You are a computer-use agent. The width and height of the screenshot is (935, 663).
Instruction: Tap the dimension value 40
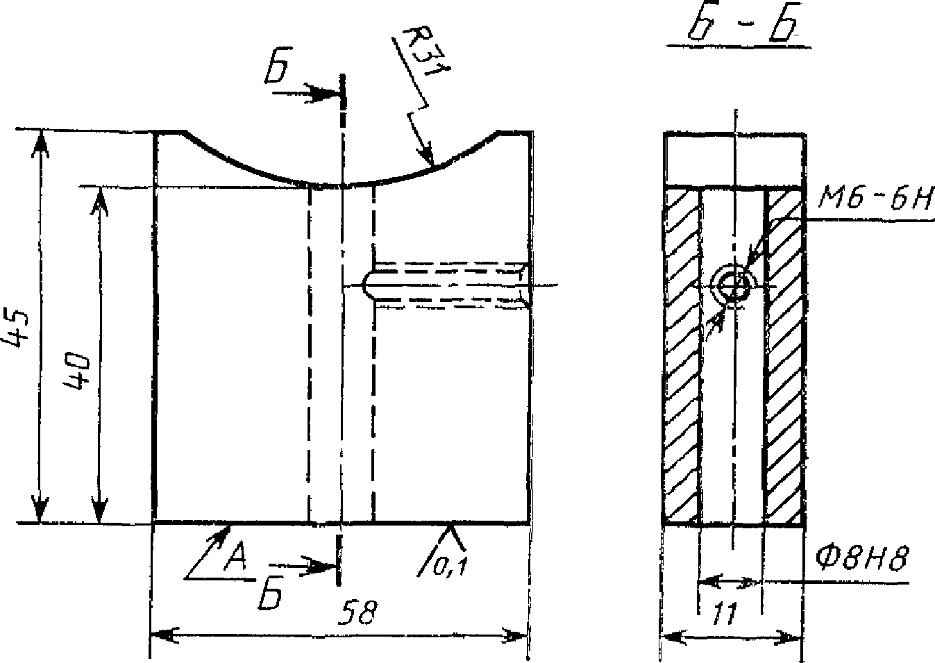77,371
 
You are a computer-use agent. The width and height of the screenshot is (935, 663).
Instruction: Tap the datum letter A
236,557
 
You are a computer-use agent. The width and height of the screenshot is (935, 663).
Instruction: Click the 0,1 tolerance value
450,567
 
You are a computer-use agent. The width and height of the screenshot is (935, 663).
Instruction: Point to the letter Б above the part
277,68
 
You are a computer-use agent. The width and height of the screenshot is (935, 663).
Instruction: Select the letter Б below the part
271,594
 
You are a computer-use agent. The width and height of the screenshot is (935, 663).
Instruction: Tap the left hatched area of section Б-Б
681,356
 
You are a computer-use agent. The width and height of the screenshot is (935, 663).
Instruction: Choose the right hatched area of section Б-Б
784,356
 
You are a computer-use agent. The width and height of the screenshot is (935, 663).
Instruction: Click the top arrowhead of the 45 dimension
40,143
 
